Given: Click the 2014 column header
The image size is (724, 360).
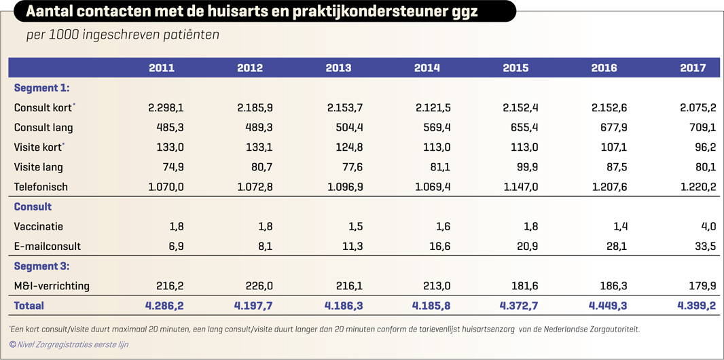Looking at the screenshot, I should pos(427,68).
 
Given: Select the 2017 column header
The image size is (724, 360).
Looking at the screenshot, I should pos(692,68).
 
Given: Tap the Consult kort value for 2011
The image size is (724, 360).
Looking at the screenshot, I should pos(166,107).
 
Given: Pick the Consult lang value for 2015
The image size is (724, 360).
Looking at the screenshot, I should pos(520,128).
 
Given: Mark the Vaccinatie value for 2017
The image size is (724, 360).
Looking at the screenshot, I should pos(708,227).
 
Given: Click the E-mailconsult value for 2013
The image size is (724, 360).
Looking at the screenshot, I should pos(351,247).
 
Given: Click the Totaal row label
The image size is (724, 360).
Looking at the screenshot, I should pos(29,306).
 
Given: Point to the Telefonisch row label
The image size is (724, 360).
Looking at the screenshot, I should pos(41,187).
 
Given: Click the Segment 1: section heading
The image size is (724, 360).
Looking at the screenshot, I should pos(41,88).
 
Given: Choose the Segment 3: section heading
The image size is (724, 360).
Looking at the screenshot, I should pos(41,266).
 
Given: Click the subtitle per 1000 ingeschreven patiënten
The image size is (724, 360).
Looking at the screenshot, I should pos(122,35).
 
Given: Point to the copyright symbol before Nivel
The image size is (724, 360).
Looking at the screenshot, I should pos(13,344).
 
